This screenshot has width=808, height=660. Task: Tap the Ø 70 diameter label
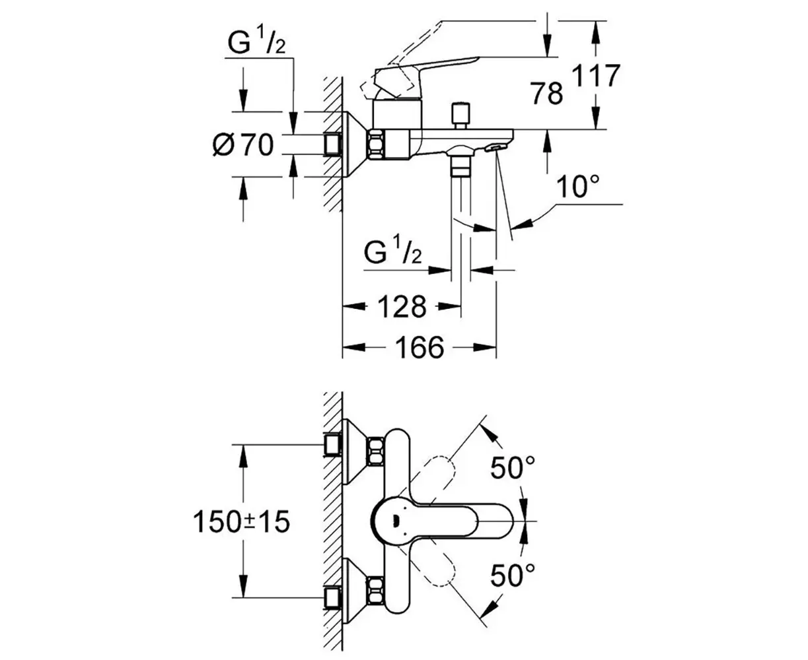point(243,145)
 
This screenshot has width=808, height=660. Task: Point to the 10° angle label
point(577,187)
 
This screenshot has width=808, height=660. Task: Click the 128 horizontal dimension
point(402,306)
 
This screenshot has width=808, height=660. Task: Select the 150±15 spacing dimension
point(242,522)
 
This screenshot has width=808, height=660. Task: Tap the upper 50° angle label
point(512,467)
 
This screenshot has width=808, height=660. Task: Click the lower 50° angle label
point(512,576)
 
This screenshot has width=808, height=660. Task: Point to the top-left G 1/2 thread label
point(256,42)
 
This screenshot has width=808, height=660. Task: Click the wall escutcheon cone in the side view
point(355,145)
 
